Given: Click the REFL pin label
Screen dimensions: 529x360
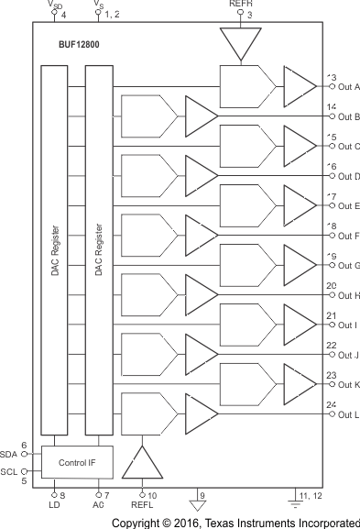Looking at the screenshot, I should tap(142, 506).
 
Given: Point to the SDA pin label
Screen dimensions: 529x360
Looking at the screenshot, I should tap(9, 454).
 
